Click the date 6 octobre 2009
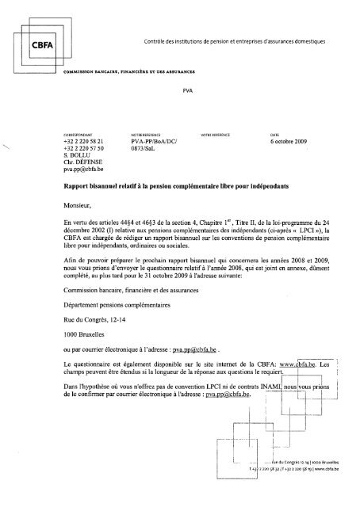[x=290, y=140]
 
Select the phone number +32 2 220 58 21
[x=85, y=140]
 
